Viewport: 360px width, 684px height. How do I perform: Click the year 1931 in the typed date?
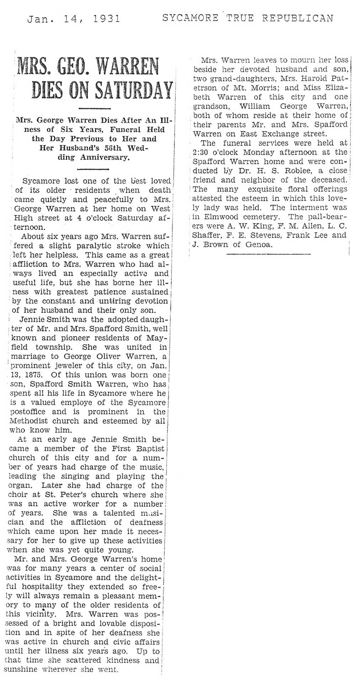[106, 18]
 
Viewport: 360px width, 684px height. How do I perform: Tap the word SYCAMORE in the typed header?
[190, 18]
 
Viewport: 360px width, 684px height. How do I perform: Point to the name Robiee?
[299, 171]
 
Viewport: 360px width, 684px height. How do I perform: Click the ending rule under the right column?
[268, 254]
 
